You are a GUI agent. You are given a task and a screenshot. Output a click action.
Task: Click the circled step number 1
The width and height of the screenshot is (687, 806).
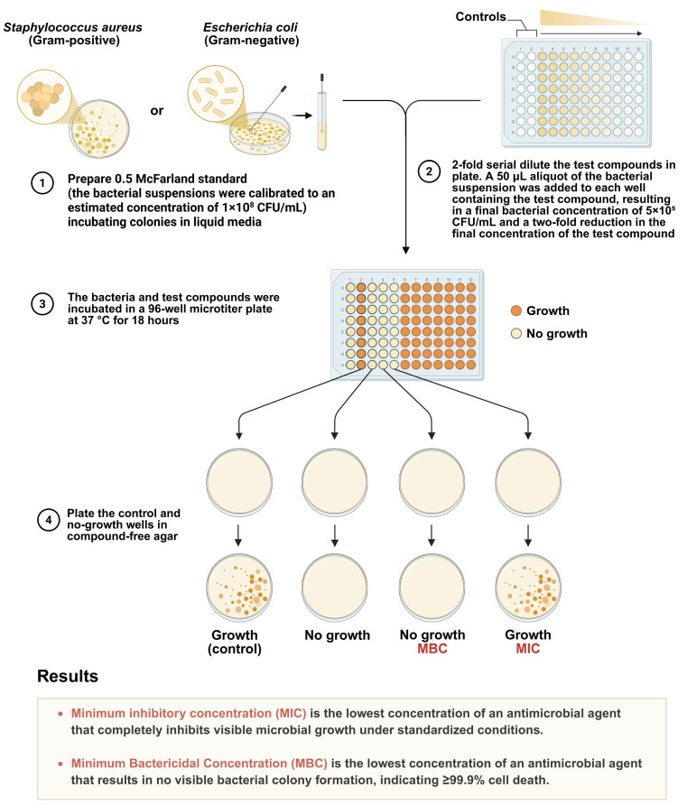pos(42,183)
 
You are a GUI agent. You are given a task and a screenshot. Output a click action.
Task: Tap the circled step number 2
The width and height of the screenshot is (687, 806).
pos(429,171)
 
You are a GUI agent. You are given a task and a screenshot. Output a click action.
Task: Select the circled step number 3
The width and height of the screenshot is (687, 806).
pos(42,304)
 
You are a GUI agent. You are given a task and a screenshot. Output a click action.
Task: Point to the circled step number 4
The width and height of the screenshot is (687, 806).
pos(49,520)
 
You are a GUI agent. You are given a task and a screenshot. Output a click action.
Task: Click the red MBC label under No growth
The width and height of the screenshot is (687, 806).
pos(432,649)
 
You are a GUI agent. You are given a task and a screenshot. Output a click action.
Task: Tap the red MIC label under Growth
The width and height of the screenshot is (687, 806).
pos(528,649)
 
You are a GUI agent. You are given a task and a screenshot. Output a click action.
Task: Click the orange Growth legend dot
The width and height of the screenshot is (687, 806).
pos(516,310)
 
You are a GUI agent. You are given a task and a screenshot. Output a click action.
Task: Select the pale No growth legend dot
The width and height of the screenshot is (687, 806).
pos(516,334)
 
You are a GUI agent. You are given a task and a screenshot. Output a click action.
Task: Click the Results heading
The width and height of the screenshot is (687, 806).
pos(68,676)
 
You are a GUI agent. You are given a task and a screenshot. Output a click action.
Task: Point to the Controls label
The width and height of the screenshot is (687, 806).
pos(481,17)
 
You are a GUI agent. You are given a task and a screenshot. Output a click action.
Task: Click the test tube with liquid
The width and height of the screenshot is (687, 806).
pos(322,116)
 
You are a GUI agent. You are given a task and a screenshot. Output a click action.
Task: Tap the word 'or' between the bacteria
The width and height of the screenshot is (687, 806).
pos(157,110)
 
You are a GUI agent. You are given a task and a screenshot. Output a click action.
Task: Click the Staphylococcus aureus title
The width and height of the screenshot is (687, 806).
pos(73,27)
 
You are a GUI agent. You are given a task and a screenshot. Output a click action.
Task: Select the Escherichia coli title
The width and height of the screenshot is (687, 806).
pos(250,27)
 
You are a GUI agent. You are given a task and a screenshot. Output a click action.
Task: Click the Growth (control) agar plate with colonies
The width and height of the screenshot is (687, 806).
pos(239,588)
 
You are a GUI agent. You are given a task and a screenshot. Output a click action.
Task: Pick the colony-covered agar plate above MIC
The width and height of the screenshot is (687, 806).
pos(528,588)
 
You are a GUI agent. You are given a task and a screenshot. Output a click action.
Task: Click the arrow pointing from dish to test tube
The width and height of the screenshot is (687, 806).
pos(303,116)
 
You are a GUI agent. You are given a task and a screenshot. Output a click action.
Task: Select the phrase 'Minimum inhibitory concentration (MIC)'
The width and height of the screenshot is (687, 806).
pos(189,713)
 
